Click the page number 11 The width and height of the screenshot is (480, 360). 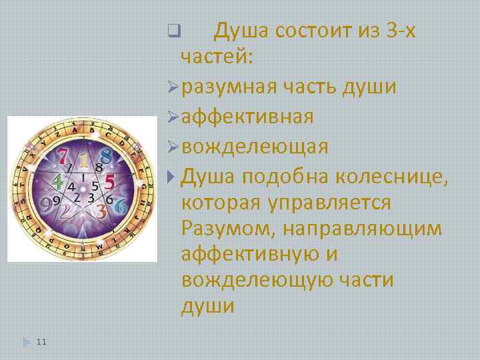[x=41, y=342]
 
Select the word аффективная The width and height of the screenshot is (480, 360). [x=247, y=117]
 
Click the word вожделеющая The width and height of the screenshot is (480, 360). [x=254, y=147]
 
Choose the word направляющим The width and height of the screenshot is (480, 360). [x=362, y=229]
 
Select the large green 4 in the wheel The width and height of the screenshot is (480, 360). [x=58, y=181]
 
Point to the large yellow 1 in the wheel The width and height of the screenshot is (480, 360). [x=84, y=161]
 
